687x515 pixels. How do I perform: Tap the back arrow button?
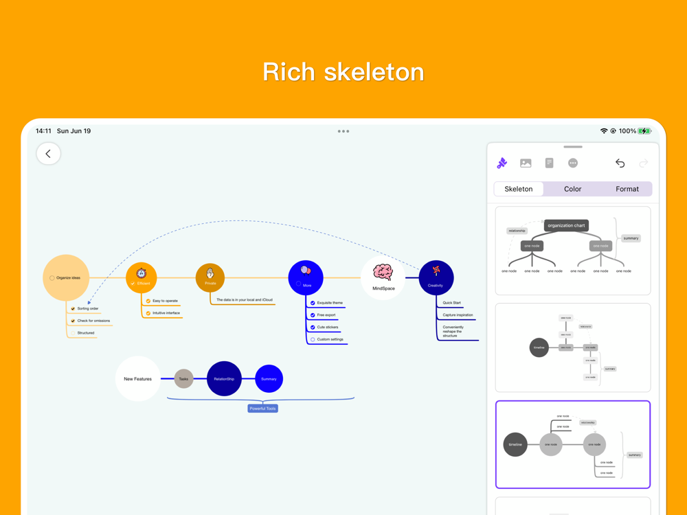click(48, 154)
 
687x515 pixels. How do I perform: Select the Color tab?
click(572, 189)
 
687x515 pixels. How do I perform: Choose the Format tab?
click(627, 189)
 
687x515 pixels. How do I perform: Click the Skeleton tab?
click(519, 189)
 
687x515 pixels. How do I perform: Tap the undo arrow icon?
click(620, 163)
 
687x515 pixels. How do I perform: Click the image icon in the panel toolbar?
click(526, 163)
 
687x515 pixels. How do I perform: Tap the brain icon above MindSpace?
click(383, 272)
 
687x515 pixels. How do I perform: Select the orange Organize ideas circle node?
click(66, 277)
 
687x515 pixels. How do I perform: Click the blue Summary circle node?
click(269, 379)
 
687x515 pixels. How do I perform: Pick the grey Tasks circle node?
click(183, 379)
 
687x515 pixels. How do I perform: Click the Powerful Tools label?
click(262, 409)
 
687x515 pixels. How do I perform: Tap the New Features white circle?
click(138, 379)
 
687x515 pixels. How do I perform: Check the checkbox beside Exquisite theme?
click(313, 303)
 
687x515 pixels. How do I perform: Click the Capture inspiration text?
click(458, 315)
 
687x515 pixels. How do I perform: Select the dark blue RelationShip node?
click(224, 379)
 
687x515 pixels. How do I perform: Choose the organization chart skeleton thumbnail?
click(572, 250)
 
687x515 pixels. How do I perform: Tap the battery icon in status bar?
click(644, 131)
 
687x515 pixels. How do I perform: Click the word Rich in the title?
click(289, 72)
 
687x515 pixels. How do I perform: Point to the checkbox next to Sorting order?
click(73, 309)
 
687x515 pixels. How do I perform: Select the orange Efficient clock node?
click(142, 277)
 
